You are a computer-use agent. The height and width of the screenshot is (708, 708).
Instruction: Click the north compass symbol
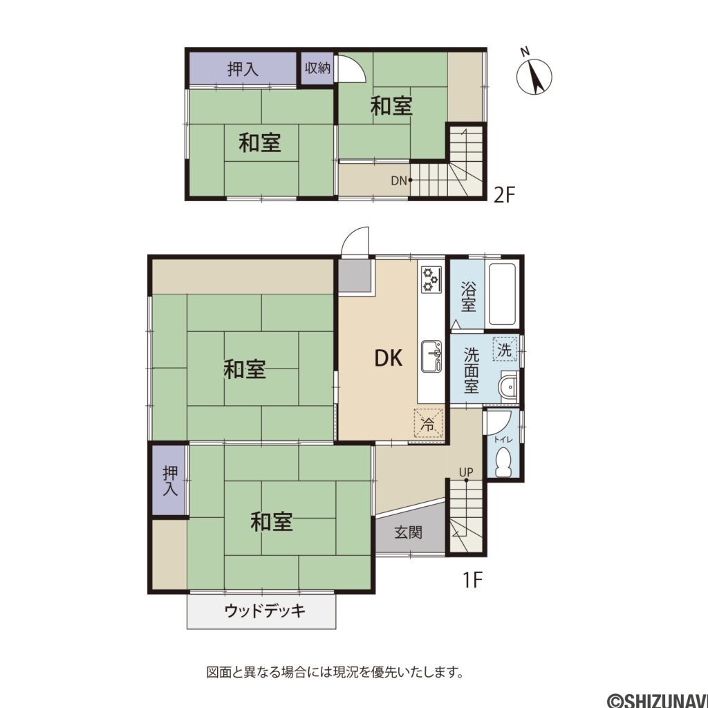[534, 75]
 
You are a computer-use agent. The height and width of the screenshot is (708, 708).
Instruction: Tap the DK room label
[389, 357]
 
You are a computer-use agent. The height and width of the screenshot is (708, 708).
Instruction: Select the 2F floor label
[505, 196]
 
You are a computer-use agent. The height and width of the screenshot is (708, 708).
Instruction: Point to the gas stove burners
[431, 278]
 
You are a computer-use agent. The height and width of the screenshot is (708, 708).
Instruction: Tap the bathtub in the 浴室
[503, 295]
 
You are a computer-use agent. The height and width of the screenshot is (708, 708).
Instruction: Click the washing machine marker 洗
[505, 350]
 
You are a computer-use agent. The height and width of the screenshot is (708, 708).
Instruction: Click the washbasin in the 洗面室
[509, 388]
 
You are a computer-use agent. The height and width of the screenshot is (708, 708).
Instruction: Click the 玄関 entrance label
[409, 532]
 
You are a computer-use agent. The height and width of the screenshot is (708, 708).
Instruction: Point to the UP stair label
[466, 472]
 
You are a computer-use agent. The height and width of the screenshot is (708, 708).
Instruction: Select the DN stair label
[398, 180]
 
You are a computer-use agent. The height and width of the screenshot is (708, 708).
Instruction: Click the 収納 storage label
[317, 68]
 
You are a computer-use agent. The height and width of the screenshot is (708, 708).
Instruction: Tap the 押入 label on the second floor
[243, 68]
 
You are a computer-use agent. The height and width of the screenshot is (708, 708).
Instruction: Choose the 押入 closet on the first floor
[170, 481]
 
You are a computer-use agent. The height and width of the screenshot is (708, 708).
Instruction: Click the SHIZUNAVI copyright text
[656, 700]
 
